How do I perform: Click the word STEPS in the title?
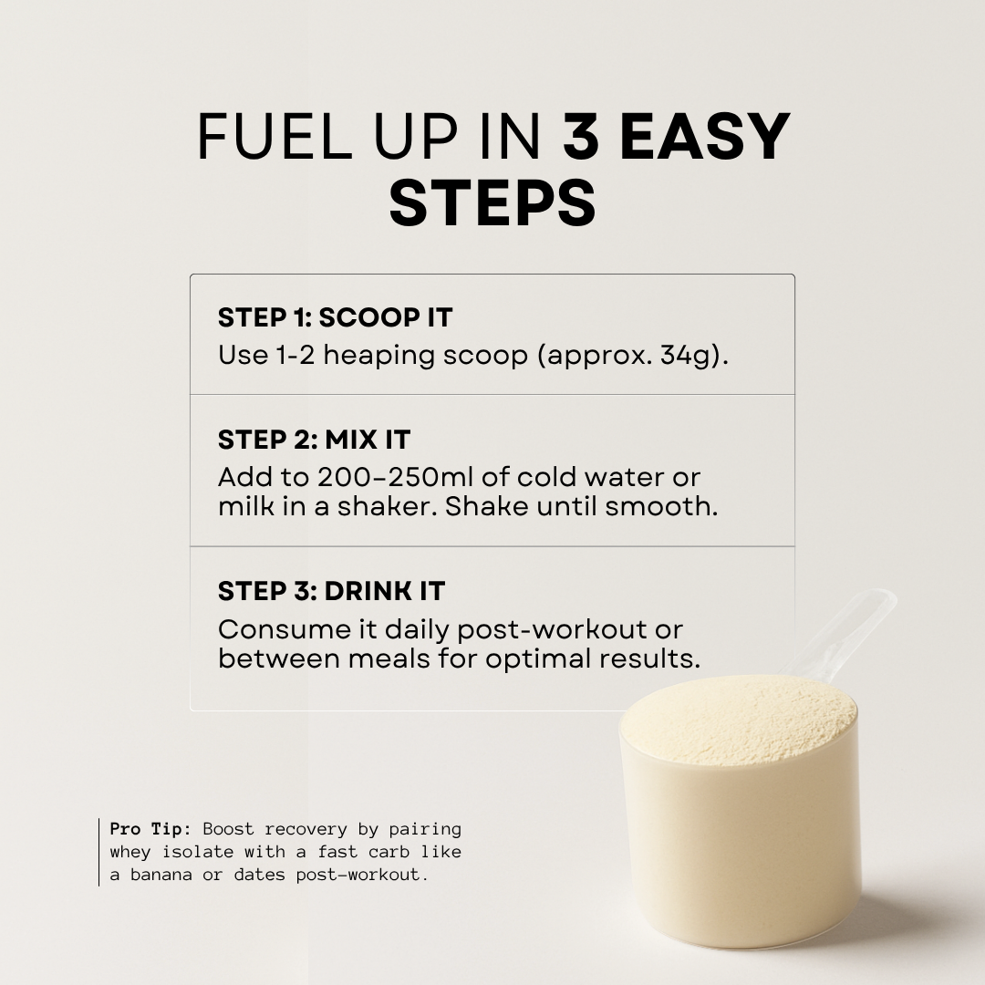(x=493, y=203)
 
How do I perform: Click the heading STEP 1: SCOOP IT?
(x=335, y=317)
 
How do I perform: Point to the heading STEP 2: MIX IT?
(x=314, y=440)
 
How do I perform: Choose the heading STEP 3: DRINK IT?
(x=331, y=591)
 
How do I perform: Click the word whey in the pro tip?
(x=131, y=852)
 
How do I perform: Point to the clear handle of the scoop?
(x=857, y=629)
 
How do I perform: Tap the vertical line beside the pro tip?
(x=99, y=852)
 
